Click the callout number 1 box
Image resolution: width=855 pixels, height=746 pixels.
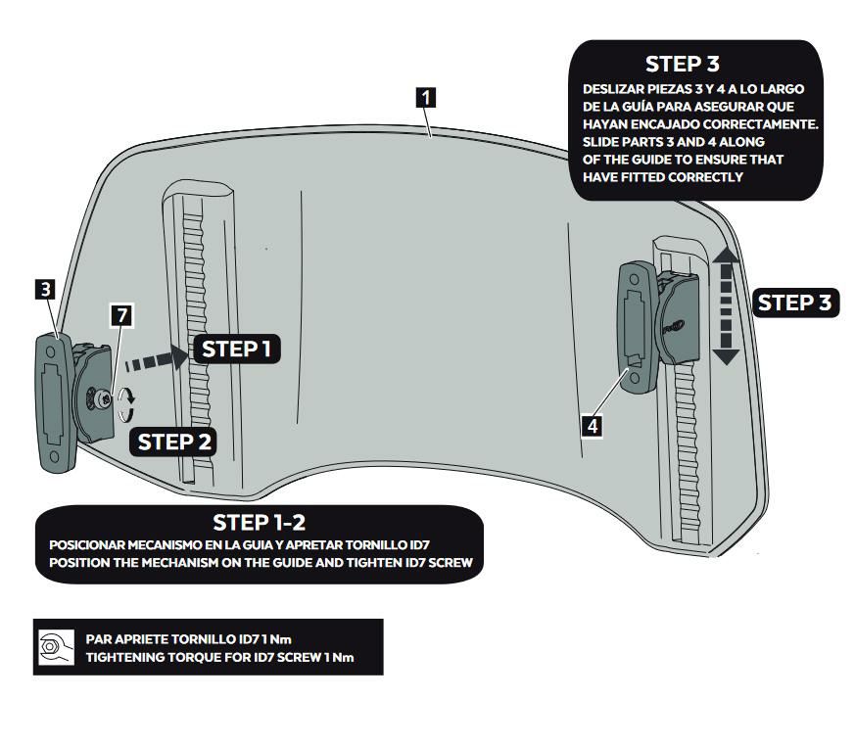click(x=425, y=97)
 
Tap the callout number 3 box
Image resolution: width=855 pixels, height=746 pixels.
click(x=45, y=289)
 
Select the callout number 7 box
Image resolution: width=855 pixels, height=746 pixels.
click(x=120, y=315)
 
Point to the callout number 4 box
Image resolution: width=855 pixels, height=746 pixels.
click(x=592, y=425)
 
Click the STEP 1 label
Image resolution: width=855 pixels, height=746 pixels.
click(x=236, y=349)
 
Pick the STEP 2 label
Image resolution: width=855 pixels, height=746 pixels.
click(x=174, y=442)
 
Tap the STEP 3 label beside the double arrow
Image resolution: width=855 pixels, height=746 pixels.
click(x=797, y=303)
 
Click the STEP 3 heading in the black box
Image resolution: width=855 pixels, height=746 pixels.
click(x=683, y=65)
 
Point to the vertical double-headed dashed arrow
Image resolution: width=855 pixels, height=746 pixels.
click(x=726, y=305)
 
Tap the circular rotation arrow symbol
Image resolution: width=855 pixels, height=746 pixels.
click(x=125, y=401)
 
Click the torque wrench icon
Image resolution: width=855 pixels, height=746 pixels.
click(x=51, y=647)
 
